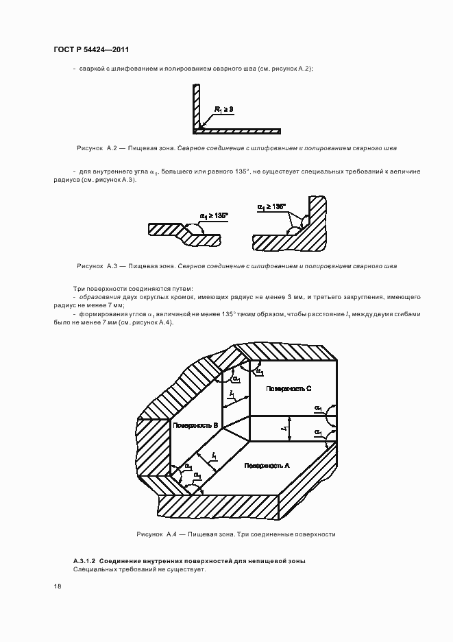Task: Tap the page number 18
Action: coord(58,586)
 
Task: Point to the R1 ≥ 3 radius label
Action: coord(223,109)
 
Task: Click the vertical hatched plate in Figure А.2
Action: coord(196,107)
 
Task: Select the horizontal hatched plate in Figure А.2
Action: coord(240,130)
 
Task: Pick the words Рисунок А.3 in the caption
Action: coord(99,265)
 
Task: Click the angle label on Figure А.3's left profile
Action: coord(213,216)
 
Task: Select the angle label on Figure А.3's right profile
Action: coord(271,206)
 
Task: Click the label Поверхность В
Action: coord(195,426)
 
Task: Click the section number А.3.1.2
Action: coord(88,561)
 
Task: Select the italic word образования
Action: coord(101,297)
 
